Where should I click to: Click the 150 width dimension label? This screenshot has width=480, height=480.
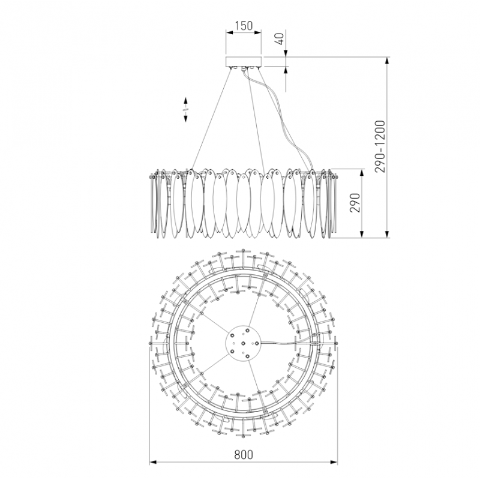(244, 26)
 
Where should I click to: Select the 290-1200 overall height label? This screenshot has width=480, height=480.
(380, 146)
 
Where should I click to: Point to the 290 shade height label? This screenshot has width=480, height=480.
(355, 203)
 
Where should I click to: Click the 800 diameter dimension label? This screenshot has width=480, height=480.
(244, 455)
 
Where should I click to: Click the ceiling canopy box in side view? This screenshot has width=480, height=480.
(244, 61)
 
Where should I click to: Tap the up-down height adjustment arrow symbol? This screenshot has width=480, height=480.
(185, 110)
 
